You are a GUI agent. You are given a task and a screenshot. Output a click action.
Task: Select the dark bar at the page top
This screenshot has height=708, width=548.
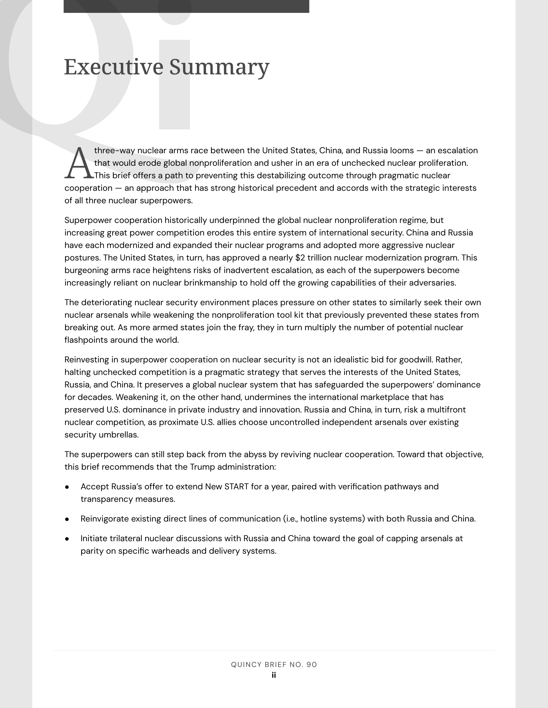[x=186, y=7]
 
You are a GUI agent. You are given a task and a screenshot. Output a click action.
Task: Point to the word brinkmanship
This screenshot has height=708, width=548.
[x=210, y=283]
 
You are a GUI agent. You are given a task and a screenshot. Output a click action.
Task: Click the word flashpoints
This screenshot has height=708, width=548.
[x=86, y=340]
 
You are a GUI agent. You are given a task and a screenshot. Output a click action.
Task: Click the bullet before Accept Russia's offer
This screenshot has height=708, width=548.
[x=67, y=487]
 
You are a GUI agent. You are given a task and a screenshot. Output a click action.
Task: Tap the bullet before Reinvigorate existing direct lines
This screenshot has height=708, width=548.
[x=67, y=519]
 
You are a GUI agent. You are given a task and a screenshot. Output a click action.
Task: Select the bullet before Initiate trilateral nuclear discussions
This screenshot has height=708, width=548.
[x=67, y=539]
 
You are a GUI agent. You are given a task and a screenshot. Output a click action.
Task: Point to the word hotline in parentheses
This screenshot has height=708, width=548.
[x=313, y=519]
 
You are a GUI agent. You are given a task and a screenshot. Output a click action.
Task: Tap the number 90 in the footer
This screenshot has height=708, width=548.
[x=311, y=664]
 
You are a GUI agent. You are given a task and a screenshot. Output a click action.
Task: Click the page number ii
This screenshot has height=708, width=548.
[x=274, y=675]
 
